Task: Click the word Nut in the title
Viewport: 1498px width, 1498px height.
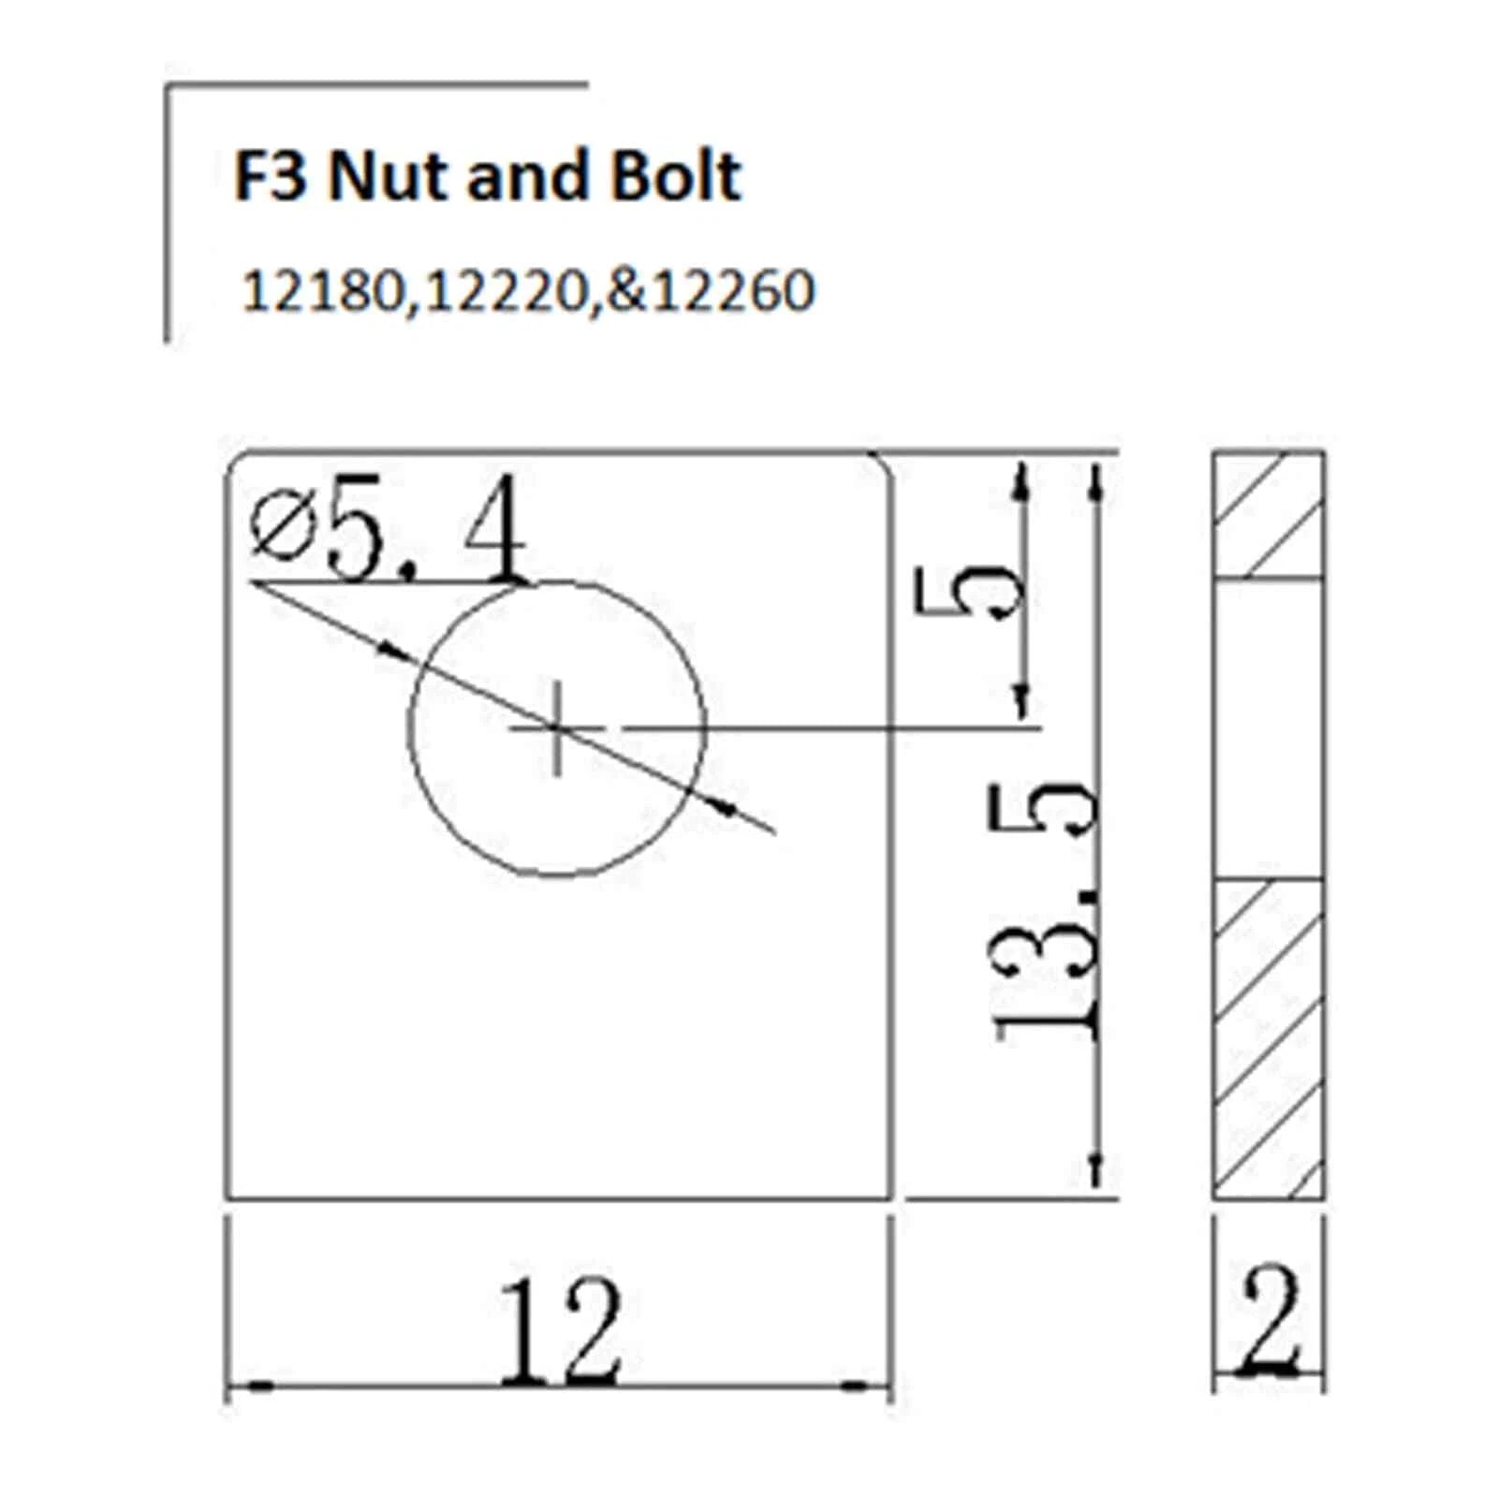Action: pos(390,176)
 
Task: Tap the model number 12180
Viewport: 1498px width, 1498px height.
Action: pos(322,291)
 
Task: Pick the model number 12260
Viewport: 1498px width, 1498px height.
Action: pos(732,291)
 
